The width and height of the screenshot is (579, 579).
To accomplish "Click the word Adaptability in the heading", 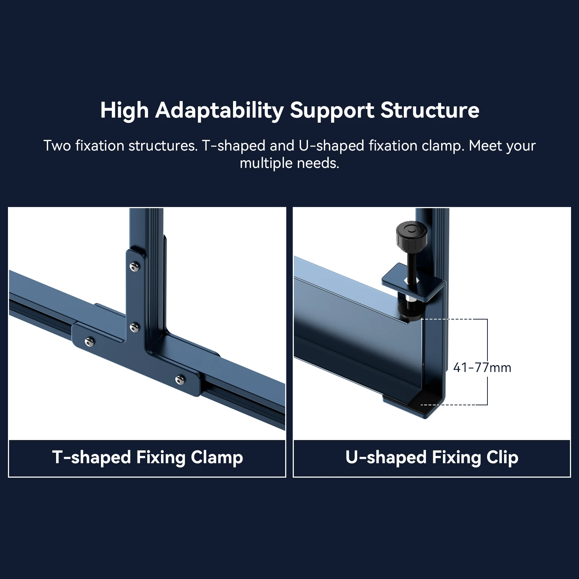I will [219, 110].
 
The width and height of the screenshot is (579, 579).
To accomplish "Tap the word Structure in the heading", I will [430, 110].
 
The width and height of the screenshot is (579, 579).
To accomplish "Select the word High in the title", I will [124, 110].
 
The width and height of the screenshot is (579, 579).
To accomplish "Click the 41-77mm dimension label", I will [482, 368].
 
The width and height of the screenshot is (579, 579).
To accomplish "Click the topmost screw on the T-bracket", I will [135, 266].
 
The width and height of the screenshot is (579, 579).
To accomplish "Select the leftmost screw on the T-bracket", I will [89, 341].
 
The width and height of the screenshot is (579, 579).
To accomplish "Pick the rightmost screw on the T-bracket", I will [180, 380].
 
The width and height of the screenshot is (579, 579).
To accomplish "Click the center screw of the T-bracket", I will [135, 328].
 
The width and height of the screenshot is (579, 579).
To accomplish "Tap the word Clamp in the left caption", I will [217, 457].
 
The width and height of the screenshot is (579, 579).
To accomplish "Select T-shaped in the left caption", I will [91, 457].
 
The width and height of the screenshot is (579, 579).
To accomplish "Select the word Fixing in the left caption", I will [161, 457].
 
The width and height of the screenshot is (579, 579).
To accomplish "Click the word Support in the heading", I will [332, 110].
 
